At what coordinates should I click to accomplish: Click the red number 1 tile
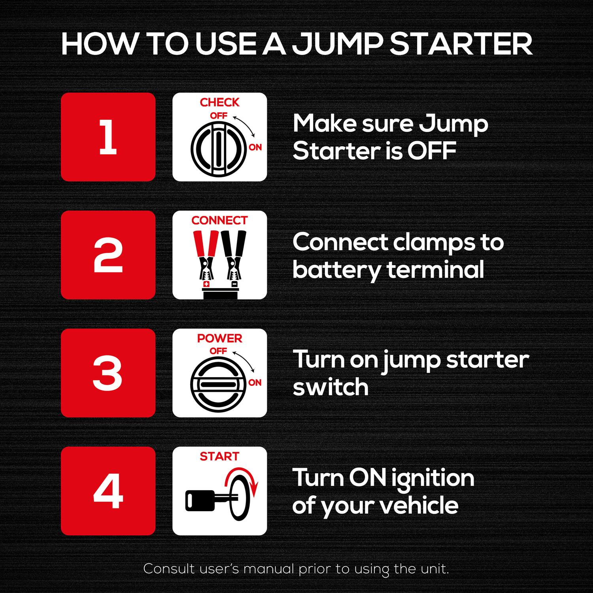coord(108,137)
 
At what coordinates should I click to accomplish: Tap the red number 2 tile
coord(108,255)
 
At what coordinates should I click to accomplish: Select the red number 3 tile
coord(108,373)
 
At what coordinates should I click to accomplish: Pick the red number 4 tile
coord(108,491)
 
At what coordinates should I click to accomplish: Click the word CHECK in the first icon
coord(219,102)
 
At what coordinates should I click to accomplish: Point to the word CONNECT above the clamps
coord(219,220)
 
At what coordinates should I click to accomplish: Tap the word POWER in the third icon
coord(219,338)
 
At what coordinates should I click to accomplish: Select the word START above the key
coord(219,456)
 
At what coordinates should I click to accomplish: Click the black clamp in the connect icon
coord(233,253)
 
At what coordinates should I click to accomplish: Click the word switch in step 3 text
coord(330,387)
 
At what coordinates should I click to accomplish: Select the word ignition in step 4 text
coord(432,478)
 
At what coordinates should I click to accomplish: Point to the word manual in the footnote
coord(269,569)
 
